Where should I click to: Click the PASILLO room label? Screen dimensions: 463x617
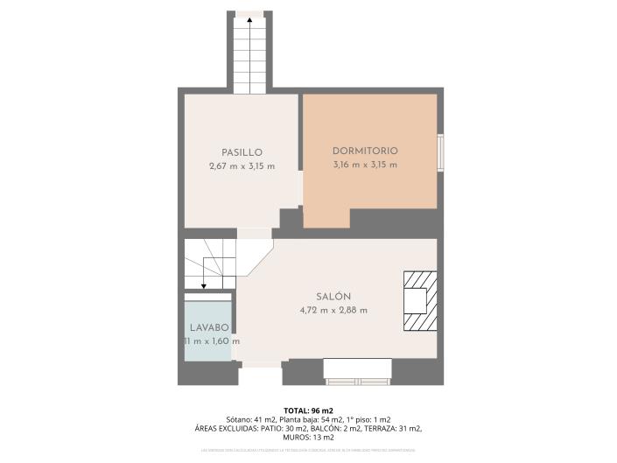(242, 152)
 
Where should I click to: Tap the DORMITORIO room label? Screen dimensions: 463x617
(365, 151)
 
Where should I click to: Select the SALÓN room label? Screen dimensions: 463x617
(333, 297)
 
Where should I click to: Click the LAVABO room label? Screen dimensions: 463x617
(209, 327)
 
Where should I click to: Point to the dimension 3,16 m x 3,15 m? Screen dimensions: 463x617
(365, 165)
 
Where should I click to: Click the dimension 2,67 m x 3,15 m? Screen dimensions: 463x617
(242, 166)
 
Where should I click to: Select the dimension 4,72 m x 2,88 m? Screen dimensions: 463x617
(333, 310)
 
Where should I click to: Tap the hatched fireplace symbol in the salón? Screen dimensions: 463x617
(419, 301)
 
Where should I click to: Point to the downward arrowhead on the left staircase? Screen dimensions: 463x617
(203, 284)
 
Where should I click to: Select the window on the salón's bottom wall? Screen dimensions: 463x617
(358, 371)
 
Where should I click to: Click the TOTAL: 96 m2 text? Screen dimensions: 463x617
(308, 410)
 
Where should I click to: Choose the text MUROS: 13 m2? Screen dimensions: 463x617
(308, 437)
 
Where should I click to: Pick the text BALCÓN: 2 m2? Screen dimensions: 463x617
(335, 428)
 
